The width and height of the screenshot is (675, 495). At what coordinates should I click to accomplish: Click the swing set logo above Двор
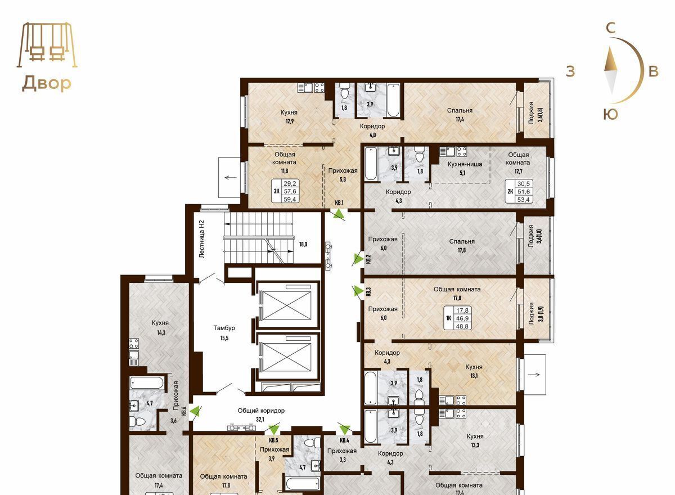(x=47, y=44)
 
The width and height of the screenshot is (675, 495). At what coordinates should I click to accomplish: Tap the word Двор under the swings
(x=47, y=83)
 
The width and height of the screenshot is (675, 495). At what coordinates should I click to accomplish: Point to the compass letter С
(x=610, y=28)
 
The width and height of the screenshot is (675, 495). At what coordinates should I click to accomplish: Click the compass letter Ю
(x=610, y=115)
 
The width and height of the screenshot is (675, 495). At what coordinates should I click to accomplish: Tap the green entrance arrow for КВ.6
(x=196, y=411)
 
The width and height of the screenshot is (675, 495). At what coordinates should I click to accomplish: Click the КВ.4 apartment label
(x=344, y=440)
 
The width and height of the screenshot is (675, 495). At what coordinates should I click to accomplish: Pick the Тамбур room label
(x=224, y=328)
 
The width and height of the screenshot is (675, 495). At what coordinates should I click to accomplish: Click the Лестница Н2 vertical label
(x=202, y=240)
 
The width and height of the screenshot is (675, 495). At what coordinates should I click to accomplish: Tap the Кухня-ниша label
(x=465, y=164)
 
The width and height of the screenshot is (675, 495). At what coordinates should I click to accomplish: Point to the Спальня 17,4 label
(x=460, y=115)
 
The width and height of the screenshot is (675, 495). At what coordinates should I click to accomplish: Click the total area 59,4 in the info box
(x=290, y=199)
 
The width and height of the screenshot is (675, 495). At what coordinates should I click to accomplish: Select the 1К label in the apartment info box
(x=448, y=318)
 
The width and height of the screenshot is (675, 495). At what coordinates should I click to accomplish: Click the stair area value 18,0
(x=303, y=244)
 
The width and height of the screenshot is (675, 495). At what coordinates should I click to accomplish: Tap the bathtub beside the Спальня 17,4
(x=393, y=100)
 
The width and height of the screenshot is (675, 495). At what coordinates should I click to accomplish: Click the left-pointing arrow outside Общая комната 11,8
(x=231, y=177)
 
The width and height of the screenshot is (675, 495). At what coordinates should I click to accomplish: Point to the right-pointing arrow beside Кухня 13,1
(x=535, y=375)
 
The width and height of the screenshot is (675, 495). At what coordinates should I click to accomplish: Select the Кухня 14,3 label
(x=160, y=327)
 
